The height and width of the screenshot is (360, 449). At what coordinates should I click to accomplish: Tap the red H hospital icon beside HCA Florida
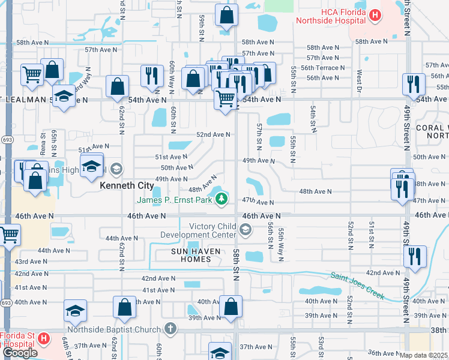click(x=375, y=15)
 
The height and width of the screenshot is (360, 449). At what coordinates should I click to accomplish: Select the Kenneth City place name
click(x=126, y=186)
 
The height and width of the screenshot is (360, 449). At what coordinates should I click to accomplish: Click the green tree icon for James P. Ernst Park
click(x=222, y=199)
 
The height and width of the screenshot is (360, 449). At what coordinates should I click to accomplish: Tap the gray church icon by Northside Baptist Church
click(x=170, y=328)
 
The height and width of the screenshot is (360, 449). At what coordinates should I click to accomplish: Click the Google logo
click(x=20, y=353)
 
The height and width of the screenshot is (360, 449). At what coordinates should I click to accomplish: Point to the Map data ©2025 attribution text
click(x=424, y=355)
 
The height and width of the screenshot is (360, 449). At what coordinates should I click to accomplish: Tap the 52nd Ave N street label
click(x=214, y=134)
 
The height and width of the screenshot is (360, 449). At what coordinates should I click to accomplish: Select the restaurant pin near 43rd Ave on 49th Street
click(x=414, y=256)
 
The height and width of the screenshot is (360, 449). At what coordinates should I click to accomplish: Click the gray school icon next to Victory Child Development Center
click(x=245, y=229)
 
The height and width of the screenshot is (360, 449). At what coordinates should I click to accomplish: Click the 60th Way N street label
click(x=172, y=77)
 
